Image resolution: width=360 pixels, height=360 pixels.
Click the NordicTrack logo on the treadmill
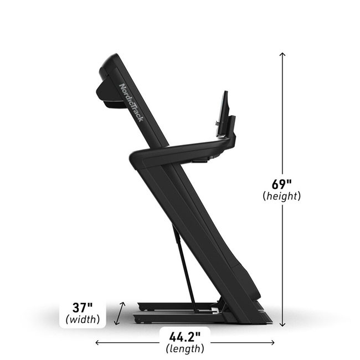click(131, 102)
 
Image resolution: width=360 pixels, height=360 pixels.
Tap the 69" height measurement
click(281, 184)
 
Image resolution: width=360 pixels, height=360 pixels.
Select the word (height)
click(282, 196)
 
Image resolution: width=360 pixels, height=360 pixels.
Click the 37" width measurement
click(83, 307)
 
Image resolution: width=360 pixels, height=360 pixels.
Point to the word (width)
click(83, 320)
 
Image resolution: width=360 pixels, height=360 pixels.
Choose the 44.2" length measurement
click(185, 337)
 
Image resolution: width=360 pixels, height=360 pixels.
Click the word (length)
click(185, 349)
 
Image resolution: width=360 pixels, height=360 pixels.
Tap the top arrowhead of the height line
click(282, 54)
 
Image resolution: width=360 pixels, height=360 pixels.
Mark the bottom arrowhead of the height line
click(282, 324)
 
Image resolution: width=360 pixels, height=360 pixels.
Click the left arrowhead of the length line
click(97, 343)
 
